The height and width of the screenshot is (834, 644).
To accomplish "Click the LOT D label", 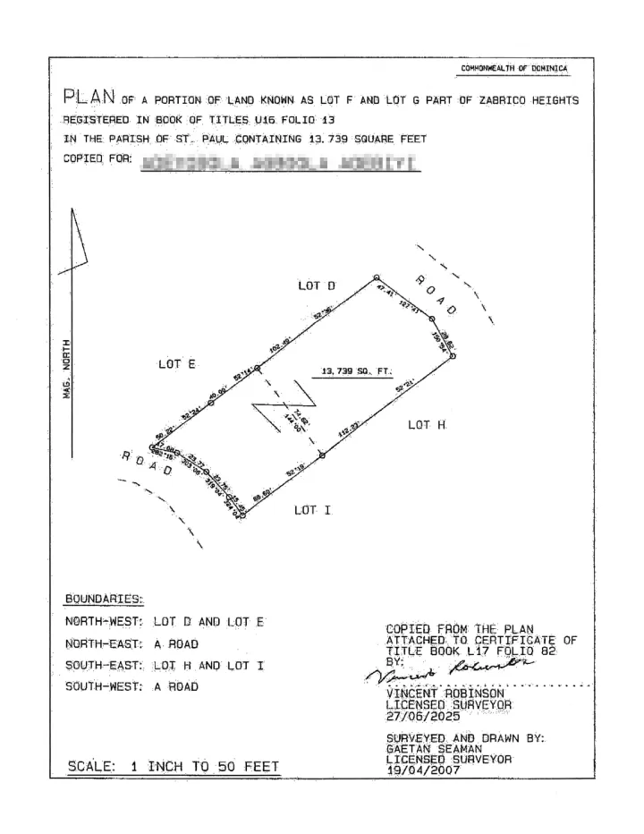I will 317,285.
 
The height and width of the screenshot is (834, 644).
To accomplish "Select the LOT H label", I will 427,425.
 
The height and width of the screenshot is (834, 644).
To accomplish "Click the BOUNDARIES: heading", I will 105,599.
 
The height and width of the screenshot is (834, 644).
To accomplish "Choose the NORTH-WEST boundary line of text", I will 165,621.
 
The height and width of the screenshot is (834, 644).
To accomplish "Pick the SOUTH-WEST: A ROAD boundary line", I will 131,687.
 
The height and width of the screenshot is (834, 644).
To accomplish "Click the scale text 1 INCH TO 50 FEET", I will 173,766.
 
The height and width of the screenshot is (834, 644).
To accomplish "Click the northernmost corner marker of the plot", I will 377,277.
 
